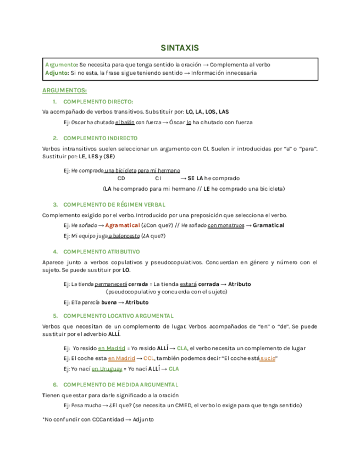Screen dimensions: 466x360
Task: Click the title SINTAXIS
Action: (x=180, y=48)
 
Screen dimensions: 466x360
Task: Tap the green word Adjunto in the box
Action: (x=57, y=73)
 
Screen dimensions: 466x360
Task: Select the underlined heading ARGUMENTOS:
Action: (x=64, y=90)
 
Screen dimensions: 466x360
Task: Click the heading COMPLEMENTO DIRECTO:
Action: (x=98, y=102)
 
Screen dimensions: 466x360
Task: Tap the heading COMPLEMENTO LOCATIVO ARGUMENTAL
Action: (x=119, y=315)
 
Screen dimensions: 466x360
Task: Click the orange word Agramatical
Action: (x=122, y=225)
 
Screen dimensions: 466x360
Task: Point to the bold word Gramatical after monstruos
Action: (x=268, y=225)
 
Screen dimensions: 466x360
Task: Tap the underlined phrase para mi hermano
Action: (x=159, y=170)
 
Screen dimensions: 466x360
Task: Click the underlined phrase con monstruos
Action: (x=226, y=225)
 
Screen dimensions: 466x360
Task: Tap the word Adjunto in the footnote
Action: (x=143, y=419)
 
